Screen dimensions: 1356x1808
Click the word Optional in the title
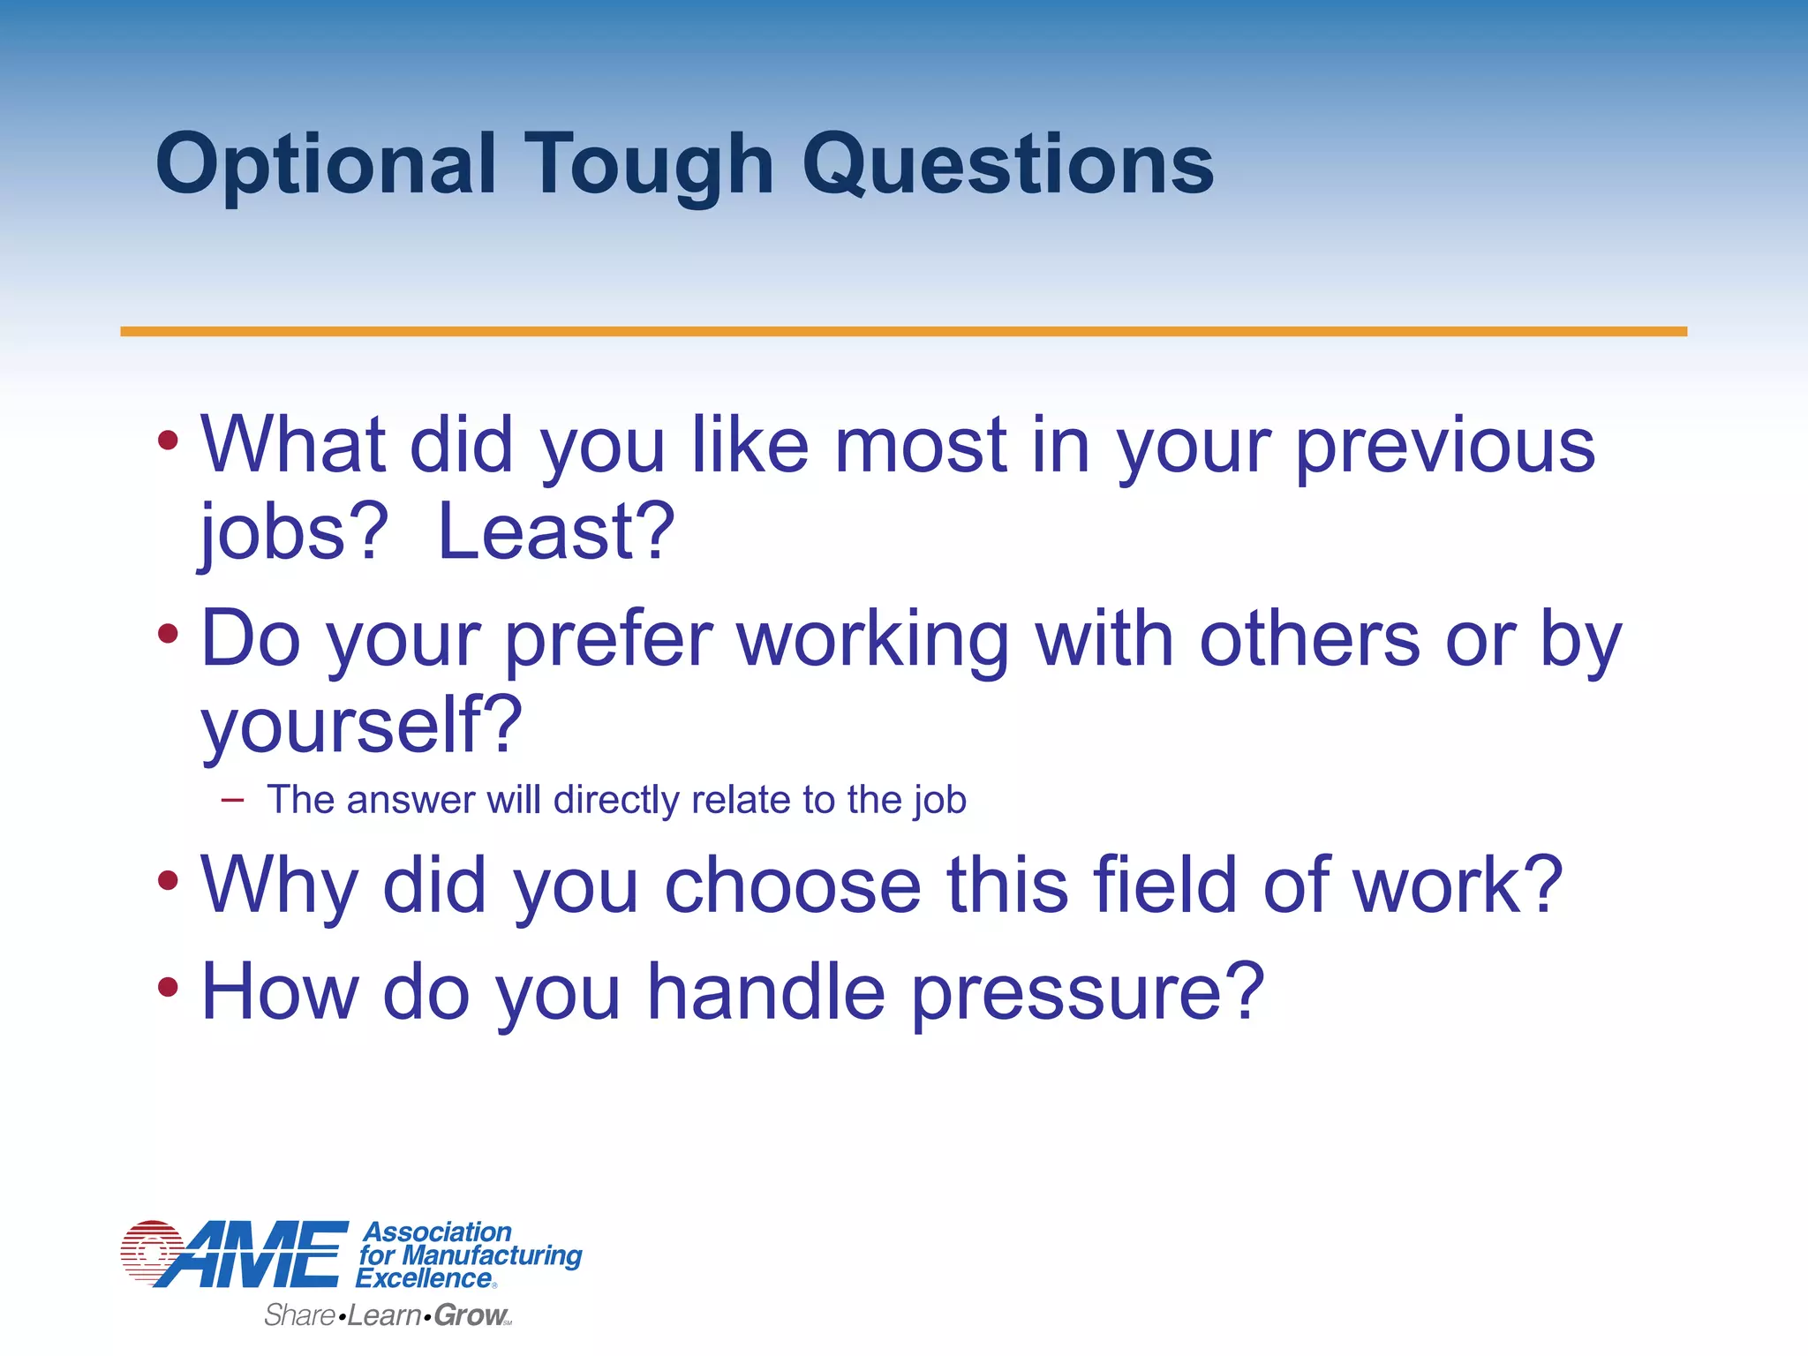coord(325,166)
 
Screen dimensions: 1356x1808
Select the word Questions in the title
coord(1007,166)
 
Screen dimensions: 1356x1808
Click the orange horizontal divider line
coord(903,331)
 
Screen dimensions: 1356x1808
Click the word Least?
coord(556,532)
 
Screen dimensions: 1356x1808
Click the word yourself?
coord(362,727)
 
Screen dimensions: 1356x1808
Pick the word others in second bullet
coord(1309,640)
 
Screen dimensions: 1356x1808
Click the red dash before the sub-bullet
coord(232,801)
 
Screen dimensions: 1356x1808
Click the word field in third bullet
coord(1164,885)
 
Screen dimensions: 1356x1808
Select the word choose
coord(793,885)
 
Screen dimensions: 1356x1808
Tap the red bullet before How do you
coord(168,987)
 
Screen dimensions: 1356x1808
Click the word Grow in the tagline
coord(470,1315)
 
